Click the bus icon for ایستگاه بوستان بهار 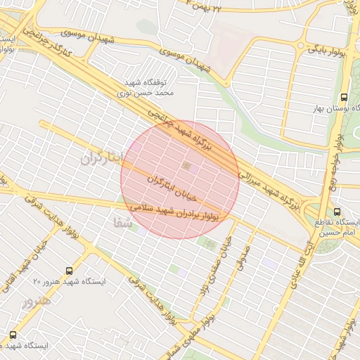click(344, 97)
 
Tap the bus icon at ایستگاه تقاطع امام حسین click(337, 212)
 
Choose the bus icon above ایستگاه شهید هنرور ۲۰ click(69, 270)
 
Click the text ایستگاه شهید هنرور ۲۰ click(69, 281)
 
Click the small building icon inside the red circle click(186, 165)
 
